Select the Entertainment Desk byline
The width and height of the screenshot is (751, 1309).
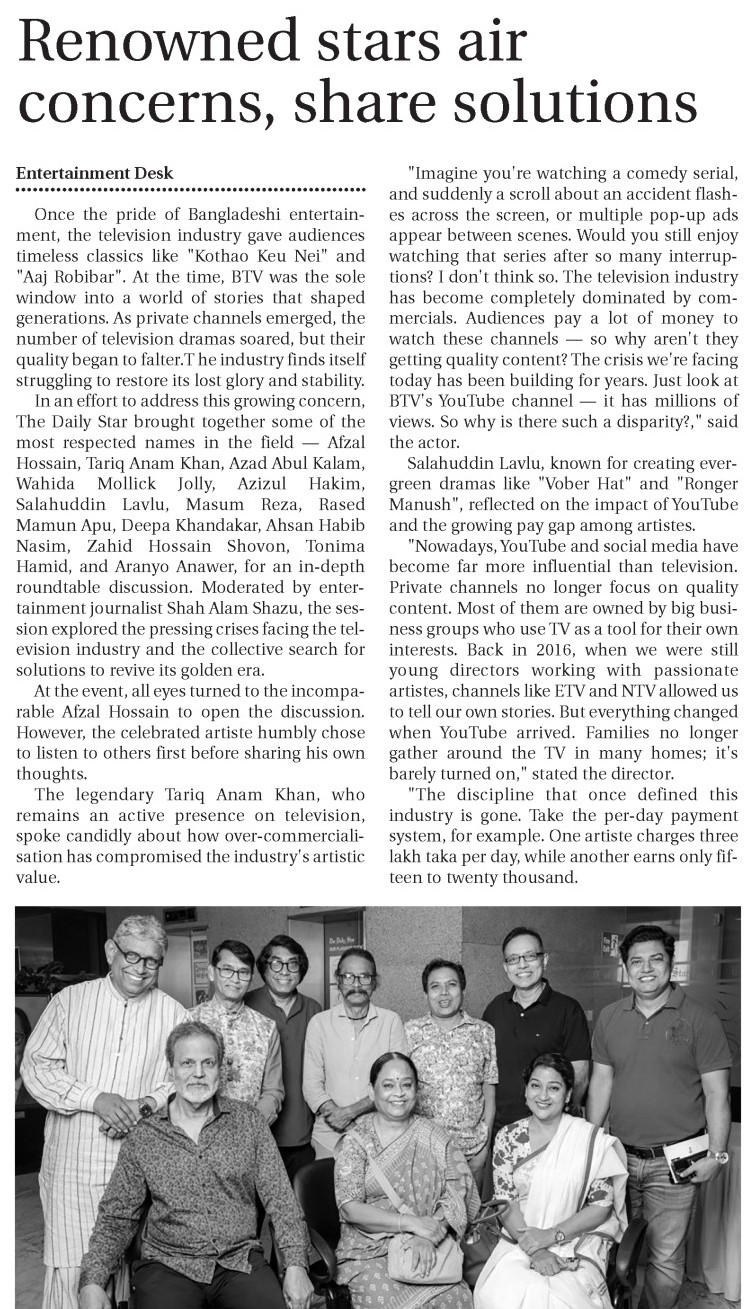95,173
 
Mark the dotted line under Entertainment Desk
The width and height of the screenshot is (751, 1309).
191,189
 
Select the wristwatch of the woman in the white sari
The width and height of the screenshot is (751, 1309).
559,1237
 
